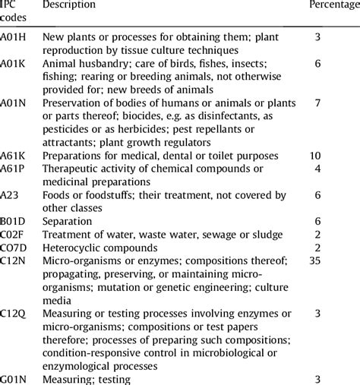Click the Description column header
click(69, 5)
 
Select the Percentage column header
click(333, 5)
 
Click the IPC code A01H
click(14, 36)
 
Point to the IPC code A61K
click(14, 156)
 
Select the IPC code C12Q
click(14, 313)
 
